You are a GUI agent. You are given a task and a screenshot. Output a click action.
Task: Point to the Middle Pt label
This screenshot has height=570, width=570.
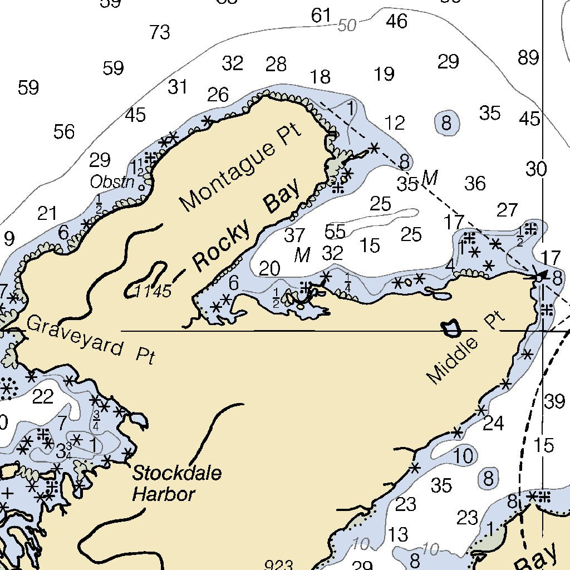click(x=466, y=350)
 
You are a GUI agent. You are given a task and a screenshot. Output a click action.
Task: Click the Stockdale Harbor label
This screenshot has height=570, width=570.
click(x=176, y=483)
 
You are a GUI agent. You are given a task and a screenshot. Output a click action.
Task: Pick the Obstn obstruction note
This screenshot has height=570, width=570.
click(x=112, y=182)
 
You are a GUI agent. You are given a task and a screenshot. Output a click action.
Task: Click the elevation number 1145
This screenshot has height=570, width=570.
click(x=154, y=291)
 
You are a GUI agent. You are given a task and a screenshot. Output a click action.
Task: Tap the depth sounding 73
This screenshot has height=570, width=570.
click(x=159, y=32)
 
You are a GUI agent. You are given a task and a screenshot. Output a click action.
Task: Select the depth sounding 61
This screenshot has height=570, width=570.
click(x=321, y=16)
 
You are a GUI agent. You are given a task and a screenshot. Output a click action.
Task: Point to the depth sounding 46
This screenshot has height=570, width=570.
click(x=397, y=21)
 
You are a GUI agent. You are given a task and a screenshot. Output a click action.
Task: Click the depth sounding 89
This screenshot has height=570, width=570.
click(x=528, y=57)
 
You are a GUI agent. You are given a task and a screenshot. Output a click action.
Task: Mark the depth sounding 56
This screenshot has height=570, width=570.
click(x=64, y=132)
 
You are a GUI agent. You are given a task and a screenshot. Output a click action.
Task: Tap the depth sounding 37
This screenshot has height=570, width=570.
click(x=294, y=235)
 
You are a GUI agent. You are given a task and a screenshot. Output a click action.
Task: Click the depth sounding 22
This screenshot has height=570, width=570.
click(x=43, y=397)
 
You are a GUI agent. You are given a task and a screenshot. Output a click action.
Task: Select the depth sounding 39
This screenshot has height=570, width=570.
click(x=554, y=401)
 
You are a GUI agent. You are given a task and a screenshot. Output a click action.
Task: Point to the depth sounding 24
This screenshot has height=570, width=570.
click(x=493, y=424)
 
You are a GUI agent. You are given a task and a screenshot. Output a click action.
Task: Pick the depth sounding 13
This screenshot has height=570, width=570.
click(x=398, y=535)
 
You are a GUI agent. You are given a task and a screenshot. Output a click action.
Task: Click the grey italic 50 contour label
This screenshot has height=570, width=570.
click(x=347, y=25)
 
